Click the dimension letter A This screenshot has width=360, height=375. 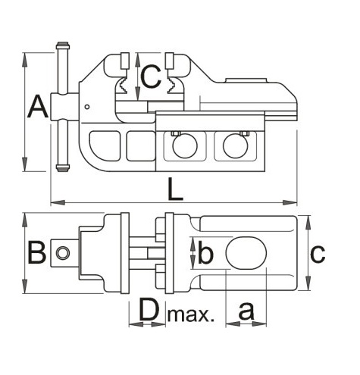click(x=38, y=107)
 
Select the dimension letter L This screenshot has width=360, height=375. click(x=175, y=189)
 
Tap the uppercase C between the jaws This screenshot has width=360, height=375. click(x=151, y=77)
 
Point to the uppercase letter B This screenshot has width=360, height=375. click(x=37, y=252)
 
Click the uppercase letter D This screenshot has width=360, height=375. click(x=149, y=309)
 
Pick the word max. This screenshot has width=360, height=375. click(x=191, y=314)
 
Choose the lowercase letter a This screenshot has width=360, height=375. click(x=246, y=311)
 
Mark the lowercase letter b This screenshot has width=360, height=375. click(x=205, y=252)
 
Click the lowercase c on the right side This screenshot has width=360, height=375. click(x=318, y=254)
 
